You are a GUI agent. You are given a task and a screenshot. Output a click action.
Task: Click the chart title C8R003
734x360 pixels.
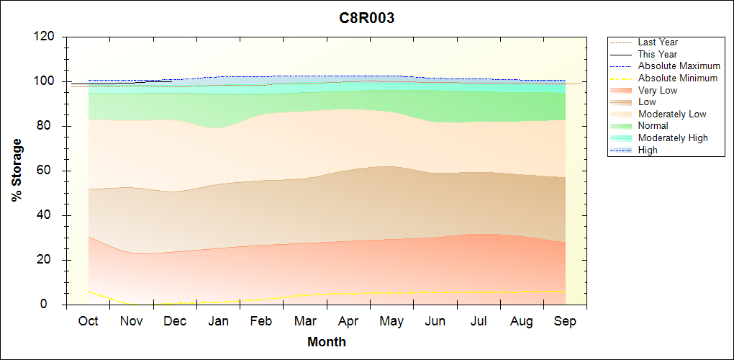(x=367, y=18)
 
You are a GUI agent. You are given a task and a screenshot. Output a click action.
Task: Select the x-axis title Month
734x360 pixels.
(x=327, y=341)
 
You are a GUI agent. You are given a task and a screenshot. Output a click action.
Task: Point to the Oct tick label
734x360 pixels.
(x=88, y=321)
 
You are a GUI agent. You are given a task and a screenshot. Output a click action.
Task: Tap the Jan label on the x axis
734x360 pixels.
(x=218, y=321)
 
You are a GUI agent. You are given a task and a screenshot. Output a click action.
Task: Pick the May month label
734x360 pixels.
(x=391, y=321)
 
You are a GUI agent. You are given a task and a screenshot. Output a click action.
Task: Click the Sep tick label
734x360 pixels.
(x=565, y=321)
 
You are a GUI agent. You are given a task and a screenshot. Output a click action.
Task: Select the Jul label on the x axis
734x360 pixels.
(x=479, y=321)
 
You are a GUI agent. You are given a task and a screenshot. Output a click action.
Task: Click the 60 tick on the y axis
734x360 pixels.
(x=48, y=171)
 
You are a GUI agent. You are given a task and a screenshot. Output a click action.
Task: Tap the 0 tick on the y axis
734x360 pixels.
(x=52, y=305)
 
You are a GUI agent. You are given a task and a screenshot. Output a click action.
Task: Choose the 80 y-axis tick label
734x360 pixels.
(x=48, y=126)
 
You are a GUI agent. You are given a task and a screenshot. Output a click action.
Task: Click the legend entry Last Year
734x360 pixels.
(x=658, y=42)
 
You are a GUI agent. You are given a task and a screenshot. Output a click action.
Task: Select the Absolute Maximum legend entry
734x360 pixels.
(x=679, y=66)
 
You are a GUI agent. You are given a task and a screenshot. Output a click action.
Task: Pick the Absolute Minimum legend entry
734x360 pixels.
(x=678, y=78)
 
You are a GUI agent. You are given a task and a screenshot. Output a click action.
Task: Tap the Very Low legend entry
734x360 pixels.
(x=658, y=90)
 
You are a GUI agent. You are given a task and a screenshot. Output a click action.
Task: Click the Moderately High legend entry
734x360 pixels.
(x=673, y=138)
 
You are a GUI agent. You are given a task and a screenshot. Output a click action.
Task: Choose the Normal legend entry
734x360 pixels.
(x=653, y=126)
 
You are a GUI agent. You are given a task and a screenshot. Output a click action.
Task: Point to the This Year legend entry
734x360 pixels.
(x=658, y=55)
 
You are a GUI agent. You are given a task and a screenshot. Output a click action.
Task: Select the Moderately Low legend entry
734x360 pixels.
(x=672, y=114)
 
